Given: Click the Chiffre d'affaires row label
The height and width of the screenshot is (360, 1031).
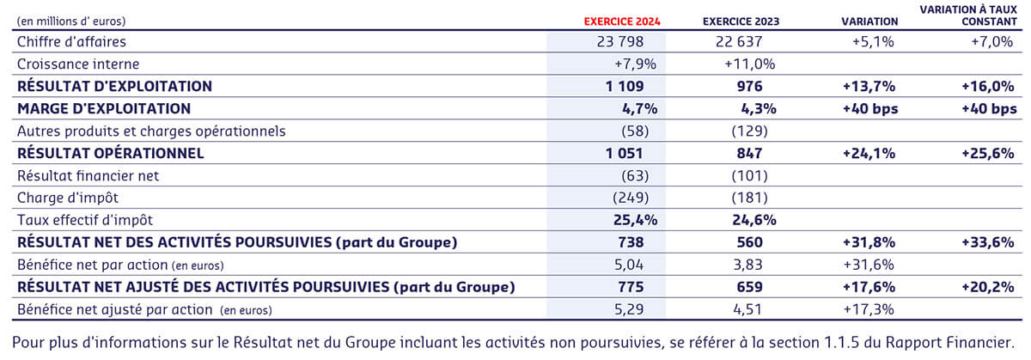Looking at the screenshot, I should click(x=72, y=42).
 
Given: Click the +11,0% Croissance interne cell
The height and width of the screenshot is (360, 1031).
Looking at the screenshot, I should click(x=750, y=64).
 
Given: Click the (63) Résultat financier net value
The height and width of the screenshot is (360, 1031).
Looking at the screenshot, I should click(x=638, y=175).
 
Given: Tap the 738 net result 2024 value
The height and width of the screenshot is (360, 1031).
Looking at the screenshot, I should click(x=642, y=242).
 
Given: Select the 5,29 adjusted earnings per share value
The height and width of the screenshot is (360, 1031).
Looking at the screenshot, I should click(x=640, y=309).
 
